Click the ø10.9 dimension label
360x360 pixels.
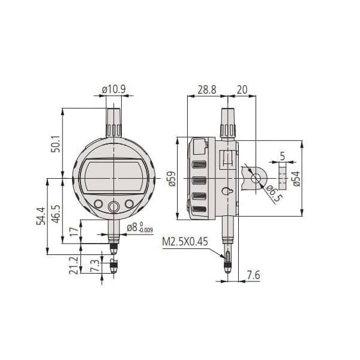point(114,89)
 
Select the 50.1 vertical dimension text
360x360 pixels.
point(56,144)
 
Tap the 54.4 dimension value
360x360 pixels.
point(41,216)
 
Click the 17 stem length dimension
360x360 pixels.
point(74,232)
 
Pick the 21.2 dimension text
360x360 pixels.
point(74,265)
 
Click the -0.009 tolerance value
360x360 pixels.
point(146,230)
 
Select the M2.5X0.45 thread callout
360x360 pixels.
point(185,242)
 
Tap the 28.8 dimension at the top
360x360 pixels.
point(207,89)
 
